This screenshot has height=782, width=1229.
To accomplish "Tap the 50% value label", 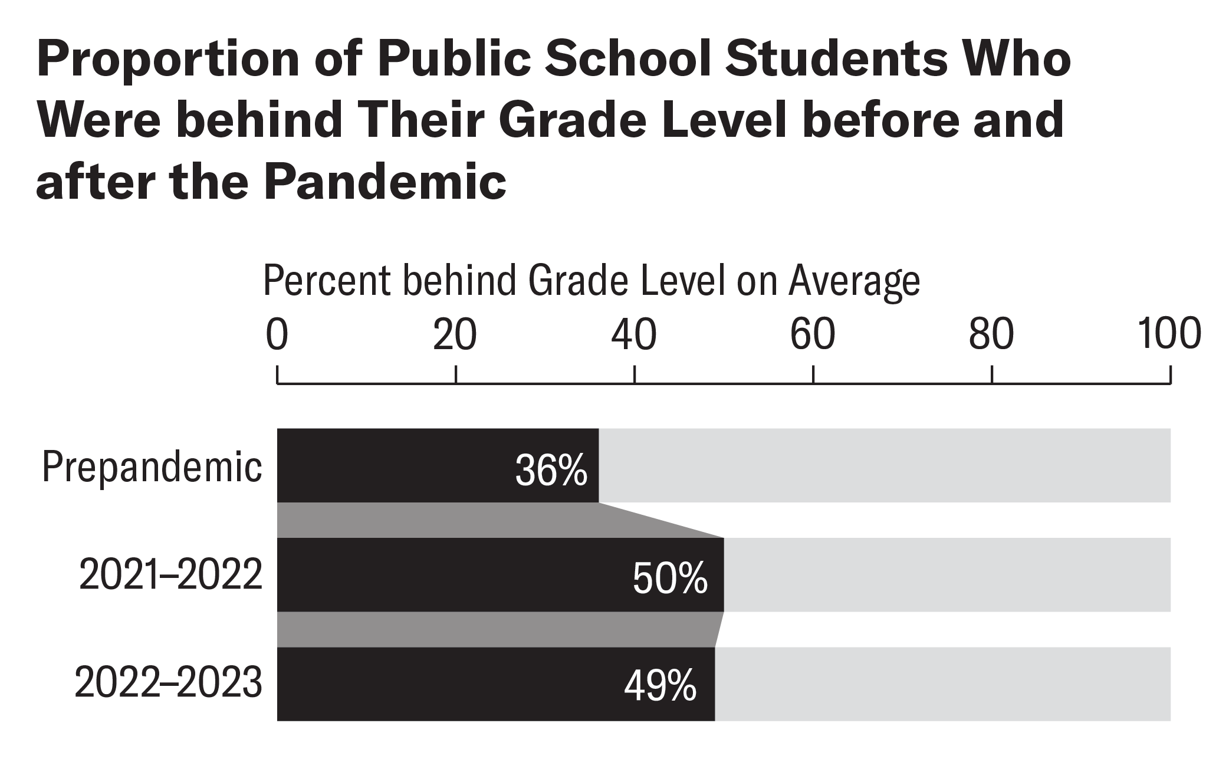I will pyautogui.click(x=670, y=579).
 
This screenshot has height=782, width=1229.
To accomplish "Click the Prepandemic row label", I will pyautogui.click(x=152, y=468).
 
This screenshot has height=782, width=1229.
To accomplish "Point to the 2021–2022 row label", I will pyautogui.click(x=171, y=575).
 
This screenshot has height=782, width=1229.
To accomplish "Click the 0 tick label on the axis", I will pyautogui.click(x=277, y=334).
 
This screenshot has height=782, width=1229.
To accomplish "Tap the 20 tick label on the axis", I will pyautogui.click(x=455, y=334).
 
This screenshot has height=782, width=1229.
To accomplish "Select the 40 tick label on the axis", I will pyautogui.click(x=634, y=334).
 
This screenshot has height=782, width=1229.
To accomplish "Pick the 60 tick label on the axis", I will pyautogui.click(x=813, y=334).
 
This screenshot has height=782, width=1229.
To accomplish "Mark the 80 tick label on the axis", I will pyautogui.click(x=991, y=334).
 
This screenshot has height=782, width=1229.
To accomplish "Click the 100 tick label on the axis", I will pyautogui.click(x=1169, y=334).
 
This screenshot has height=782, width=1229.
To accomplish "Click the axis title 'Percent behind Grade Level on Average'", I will pyautogui.click(x=591, y=281).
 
